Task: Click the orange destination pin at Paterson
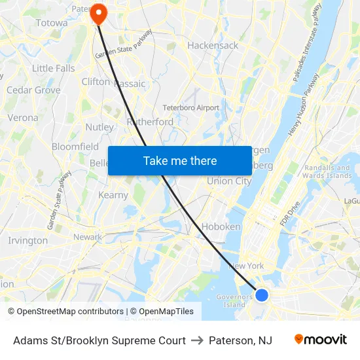point(98,13)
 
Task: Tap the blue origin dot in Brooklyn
point(262,295)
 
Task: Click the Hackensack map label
point(213,45)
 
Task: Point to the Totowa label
point(52,22)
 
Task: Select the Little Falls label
point(54,68)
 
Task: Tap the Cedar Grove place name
point(33,90)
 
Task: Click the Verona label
point(23,118)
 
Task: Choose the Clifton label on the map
point(96,82)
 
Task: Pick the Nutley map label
point(99,126)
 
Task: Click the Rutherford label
point(151,122)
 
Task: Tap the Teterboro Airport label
point(191,107)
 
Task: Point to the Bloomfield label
point(75,146)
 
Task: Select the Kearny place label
point(113,195)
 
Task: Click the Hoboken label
point(221,226)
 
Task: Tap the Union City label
point(229,181)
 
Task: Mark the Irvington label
point(27,240)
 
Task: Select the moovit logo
point(321,340)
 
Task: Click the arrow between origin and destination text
point(197,340)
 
